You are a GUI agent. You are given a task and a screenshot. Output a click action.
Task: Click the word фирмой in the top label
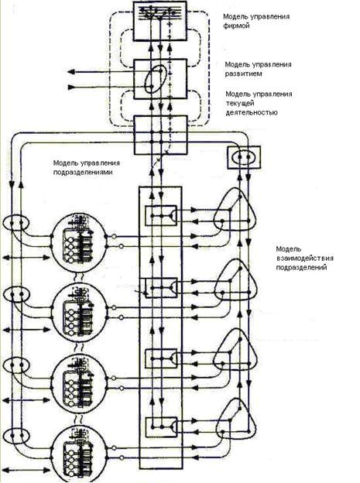pyautogui.click(x=236, y=26)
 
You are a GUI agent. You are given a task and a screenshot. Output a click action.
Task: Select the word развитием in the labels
pyautogui.click(x=243, y=74)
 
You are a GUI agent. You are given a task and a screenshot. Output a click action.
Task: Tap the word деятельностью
pyautogui.click(x=252, y=113)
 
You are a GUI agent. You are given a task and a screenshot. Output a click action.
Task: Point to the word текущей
pyautogui.click(x=240, y=103)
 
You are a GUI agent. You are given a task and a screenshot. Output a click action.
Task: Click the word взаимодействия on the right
pyautogui.click(x=304, y=259)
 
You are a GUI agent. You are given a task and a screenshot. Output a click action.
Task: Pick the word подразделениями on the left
pyautogui.click(x=83, y=172)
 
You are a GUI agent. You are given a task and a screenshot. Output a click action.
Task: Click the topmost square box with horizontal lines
pyautogui.click(x=160, y=21)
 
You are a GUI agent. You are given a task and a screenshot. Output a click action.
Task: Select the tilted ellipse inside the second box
pyautogui.click(x=157, y=78)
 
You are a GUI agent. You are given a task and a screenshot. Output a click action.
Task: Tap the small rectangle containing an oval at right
pyautogui.click(x=244, y=157)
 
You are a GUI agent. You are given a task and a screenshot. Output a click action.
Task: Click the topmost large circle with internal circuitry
pyautogui.click(x=79, y=243)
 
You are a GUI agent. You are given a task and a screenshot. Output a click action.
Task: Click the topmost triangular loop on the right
pyautogui.click(x=235, y=210)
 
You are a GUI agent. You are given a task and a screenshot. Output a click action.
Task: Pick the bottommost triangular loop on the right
pyautogui.click(x=235, y=420)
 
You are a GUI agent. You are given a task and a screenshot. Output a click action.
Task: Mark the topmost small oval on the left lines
pyautogui.click(x=16, y=223)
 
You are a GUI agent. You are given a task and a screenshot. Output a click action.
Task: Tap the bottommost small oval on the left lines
pyautogui.click(x=16, y=437)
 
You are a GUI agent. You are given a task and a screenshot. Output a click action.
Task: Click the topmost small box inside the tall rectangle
pyautogui.click(x=161, y=215)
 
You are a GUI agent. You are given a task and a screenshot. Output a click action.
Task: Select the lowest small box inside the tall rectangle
pyautogui.click(x=161, y=427)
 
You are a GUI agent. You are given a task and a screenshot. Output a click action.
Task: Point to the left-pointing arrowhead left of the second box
pyautogui.click(x=71, y=72)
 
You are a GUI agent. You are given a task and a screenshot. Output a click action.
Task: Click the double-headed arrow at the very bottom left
pyautogui.click(x=26, y=471)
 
